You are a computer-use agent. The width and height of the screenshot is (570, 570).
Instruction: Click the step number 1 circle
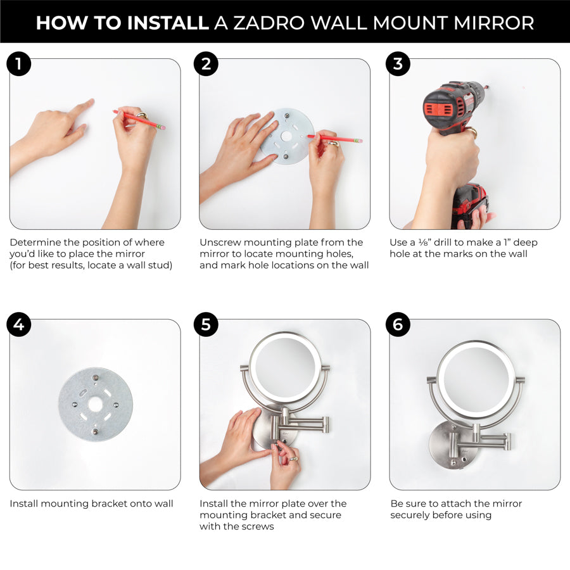tap(18, 63)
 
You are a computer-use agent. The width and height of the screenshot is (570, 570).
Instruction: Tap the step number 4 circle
tap(18, 324)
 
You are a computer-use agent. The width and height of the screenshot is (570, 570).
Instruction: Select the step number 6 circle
tap(398, 324)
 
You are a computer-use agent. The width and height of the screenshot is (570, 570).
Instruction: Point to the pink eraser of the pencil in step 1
tap(163, 127)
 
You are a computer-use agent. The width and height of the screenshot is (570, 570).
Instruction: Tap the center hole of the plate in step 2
tap(287, 136)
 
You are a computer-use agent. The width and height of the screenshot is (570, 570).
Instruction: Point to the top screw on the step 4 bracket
tap(94, 377)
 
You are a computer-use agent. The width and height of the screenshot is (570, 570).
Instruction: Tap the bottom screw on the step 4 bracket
tap(94, 431)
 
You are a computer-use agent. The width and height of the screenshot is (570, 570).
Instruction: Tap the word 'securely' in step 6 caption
tap(413, 516)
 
